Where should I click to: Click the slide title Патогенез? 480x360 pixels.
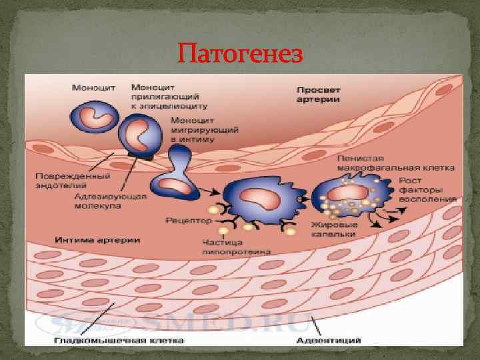[x=241, y=53]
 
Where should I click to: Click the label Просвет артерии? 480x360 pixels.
[x=318, y=93]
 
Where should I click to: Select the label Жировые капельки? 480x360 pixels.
[x=334, y=229]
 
